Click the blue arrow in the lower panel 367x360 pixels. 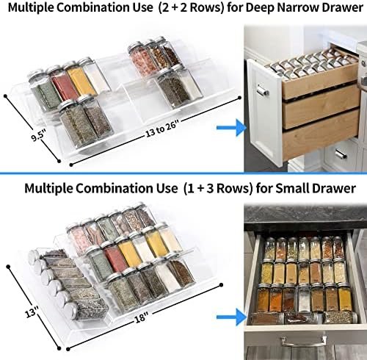click(x=230, y=317)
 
